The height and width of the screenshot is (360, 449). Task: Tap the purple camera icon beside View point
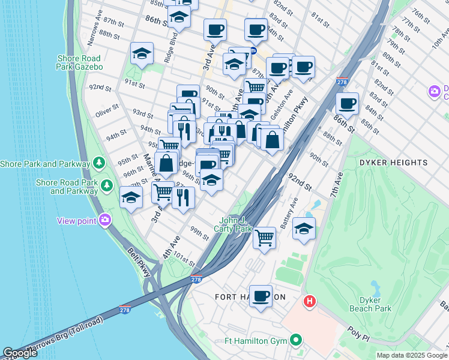click(106, 220)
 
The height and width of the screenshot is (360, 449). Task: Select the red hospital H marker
click(310, 301)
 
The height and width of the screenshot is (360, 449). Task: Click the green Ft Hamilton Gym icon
click(295, 341)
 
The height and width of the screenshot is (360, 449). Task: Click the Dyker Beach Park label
click(370, 304)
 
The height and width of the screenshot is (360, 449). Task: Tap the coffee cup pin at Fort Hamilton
click(261, 296)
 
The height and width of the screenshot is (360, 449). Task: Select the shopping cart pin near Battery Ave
click(264, 238)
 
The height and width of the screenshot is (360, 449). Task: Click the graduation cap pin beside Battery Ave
click(304, 229)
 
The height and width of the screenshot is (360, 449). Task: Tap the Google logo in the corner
click(20, 353)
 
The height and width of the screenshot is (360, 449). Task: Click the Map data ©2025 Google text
click(412, 355)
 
